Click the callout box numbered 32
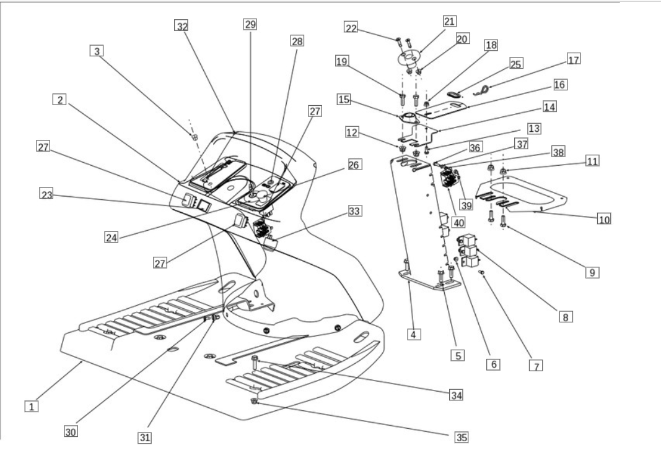[x=182, y=26]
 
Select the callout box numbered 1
[x=32, y=407]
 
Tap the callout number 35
[x=462, y=437]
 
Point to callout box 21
[x=449, y=21]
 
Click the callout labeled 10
[x=603, y=219]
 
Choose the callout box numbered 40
[x=458, y=222]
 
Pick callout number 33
[x=354, y=210]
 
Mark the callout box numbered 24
[x=112, y=238]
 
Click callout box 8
[x=566, y=317]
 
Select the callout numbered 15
[x=344, y=100]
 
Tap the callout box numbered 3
[x=97, y=51]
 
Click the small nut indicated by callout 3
[x=195, y=137]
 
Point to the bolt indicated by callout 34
[x=254, y=362]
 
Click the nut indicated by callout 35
[x=254, y=401]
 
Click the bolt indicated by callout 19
[x=402, y=100]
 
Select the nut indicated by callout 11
[x=503, y=171]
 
